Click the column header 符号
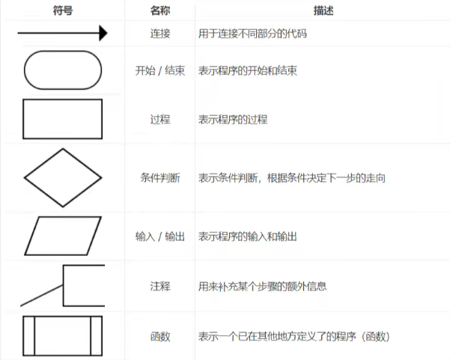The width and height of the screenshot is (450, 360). pos(63,10)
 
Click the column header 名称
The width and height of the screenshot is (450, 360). pos(160,10)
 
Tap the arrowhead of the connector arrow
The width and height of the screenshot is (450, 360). pos(102,33)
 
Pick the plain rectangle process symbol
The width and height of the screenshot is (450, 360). pos(64,119)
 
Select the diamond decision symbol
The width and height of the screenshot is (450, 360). pos(63,177)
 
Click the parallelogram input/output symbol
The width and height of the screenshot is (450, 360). pos(63,236)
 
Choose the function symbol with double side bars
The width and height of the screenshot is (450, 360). pos(63,336)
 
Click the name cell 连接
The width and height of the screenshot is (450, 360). pos(160,33)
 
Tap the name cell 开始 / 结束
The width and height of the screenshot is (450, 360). pos(160,71)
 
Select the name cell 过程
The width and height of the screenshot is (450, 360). pos(160,119)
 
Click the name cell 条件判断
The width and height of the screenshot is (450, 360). pos(160,178)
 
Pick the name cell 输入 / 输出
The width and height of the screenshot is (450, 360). pos(160,237)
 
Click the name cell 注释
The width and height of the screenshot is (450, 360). pos(160,286)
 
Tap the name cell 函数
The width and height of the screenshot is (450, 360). pos(160,337)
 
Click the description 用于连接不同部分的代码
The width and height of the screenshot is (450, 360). pos(254,33)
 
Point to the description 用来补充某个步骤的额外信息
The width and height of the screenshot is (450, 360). pos(262,286)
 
